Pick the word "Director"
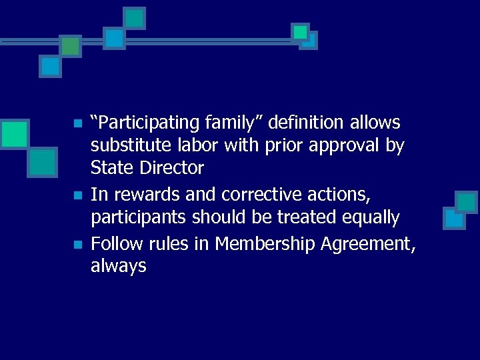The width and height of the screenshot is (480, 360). coord(172,167)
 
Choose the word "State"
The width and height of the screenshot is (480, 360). coord(113,167)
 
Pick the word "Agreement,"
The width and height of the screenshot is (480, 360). coord(368,245)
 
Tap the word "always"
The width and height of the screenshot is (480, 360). coord(118,267)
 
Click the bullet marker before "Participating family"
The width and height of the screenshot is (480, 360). coord(77,124)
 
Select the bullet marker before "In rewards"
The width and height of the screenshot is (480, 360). coord(77,196)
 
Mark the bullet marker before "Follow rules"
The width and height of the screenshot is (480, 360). coord(77,245)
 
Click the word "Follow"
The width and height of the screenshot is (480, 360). coord(117,244)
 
